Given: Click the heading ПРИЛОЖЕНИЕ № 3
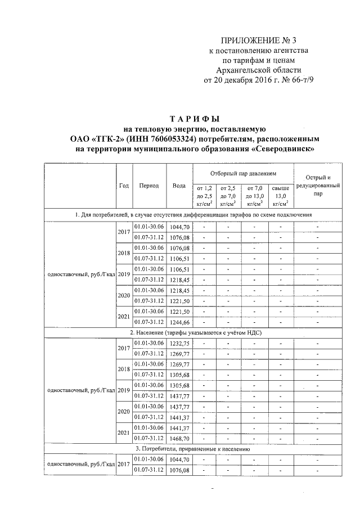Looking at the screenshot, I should (x=258, y=40).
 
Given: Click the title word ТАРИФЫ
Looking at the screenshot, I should (x=194, y=119).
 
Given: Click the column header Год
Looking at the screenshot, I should (x=124, y=186).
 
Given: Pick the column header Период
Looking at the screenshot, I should (x=149, y=186).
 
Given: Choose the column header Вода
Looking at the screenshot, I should (x=179, y=186).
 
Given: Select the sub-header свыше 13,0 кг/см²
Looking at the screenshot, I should (x=280, y=195).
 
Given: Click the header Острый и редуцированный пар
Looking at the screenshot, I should (x=318, y=186).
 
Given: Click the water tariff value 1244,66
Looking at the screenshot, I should (x=179, y=322).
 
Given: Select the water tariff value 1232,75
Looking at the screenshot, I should (x=179, y=343).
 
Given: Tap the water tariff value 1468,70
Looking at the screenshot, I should (x=179, y=438).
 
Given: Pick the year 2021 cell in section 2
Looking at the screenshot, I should (x=124, y=433).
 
